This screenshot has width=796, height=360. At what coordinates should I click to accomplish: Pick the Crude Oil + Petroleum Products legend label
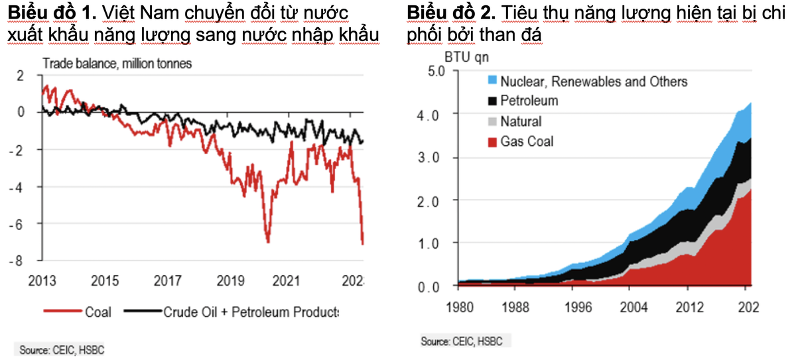[x=251, y=312]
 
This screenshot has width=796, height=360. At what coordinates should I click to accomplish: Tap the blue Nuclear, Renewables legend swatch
[x=492, y=81]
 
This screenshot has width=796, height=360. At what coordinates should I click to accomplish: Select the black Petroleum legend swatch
[x=492, y=101]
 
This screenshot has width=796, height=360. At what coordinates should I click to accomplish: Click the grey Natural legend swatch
[x=492, y=121]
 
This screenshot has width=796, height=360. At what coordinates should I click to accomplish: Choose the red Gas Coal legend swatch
[x=492, y=142]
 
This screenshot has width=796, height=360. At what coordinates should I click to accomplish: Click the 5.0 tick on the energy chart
[x=439, y=71]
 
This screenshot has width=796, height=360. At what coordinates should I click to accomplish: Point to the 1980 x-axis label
[x=462, y=308]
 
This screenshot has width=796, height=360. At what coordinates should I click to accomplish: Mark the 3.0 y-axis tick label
[x=439, y=157]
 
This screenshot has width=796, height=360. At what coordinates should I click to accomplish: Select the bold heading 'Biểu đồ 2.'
[x=450, y=13]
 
